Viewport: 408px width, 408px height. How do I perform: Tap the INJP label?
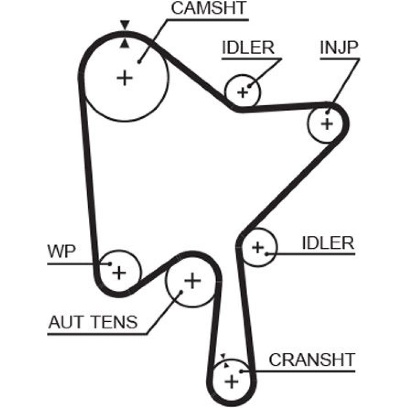coord(339,48)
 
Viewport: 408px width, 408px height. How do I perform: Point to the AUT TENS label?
coord(93,323)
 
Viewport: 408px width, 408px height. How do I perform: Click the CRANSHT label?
coord(312,360)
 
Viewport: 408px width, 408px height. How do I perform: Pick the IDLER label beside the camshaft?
coord(248,48)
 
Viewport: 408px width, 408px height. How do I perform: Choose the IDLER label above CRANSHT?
coord(328,244)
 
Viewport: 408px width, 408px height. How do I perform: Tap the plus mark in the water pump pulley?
coord(119,272)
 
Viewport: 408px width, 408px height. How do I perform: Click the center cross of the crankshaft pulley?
coord(231,382)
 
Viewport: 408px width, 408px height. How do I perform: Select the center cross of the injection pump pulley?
coord(326,123)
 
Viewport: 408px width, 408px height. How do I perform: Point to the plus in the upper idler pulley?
coord(243,93)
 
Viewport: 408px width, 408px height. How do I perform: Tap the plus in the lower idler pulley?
coord(257,247)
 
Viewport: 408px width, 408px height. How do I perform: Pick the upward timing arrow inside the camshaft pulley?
coord(124,43)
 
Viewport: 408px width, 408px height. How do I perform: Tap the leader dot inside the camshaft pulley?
coord(139,62)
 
